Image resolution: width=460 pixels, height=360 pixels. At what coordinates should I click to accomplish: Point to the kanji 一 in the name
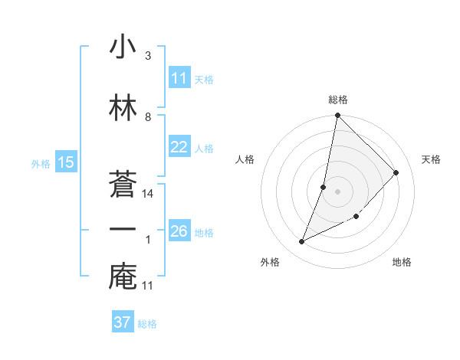[123, 230]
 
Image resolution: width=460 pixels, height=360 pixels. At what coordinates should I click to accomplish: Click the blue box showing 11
[179, 78]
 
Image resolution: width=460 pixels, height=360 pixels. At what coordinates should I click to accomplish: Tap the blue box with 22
[179, 148]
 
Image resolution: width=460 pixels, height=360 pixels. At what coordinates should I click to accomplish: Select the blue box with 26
[179, 231]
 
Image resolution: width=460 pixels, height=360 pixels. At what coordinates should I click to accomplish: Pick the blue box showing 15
[65, 162]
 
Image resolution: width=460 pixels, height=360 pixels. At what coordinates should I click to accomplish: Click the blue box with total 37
[123, 322]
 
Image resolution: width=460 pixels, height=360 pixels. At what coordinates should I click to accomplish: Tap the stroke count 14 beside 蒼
[149, 194]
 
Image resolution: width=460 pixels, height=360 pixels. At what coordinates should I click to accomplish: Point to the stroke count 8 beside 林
[148, 117]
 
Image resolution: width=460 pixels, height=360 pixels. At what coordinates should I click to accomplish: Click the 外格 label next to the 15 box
[41, 163]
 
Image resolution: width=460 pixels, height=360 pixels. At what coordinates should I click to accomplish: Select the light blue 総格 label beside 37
[147, 323]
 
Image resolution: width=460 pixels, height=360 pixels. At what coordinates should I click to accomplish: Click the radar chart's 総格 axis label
[338, 100]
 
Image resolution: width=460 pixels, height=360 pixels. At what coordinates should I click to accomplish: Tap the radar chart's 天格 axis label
[432, 159]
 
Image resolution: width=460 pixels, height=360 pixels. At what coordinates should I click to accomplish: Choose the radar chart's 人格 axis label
[245, 159]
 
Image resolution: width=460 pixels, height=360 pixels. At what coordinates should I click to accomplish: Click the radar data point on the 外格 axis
[302, 242]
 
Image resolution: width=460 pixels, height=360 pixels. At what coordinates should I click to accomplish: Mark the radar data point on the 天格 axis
[396, 172]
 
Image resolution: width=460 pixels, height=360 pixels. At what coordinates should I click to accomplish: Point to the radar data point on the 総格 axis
[337, 116]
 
